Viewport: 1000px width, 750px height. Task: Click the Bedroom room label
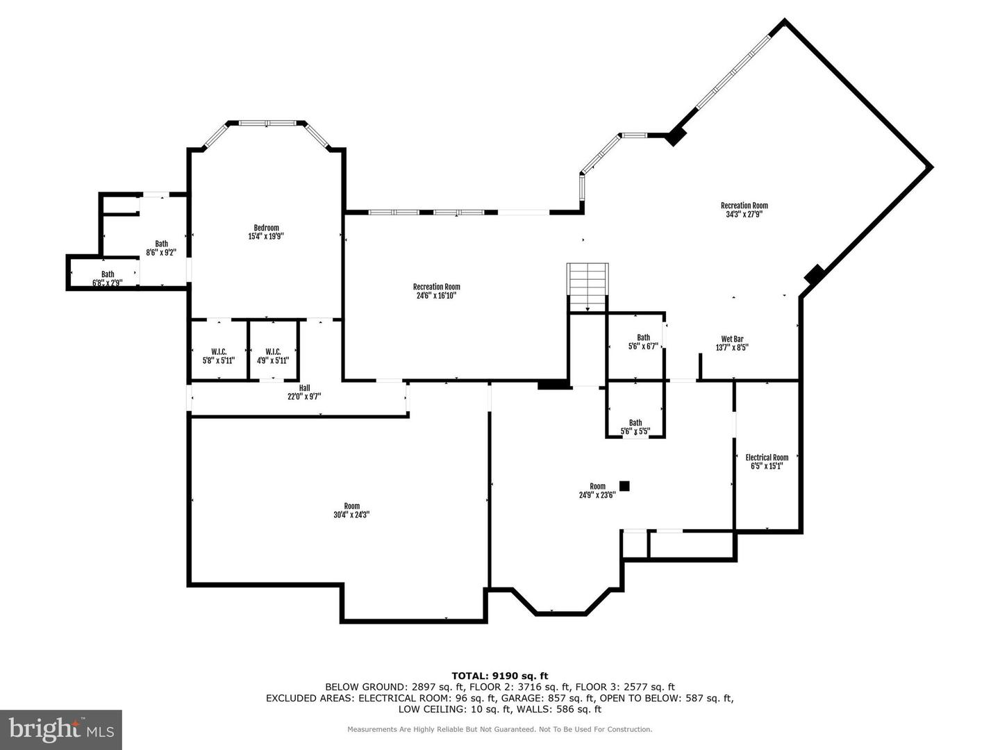tap(266, 228)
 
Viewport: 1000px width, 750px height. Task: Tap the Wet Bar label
tap(732, 339)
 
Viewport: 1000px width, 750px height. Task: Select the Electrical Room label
tap(767, 457)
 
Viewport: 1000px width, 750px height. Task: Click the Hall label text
tap(304, 388)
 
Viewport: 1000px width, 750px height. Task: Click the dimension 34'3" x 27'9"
tap(744, 215)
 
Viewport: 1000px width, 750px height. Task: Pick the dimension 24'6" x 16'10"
tap(436, 296)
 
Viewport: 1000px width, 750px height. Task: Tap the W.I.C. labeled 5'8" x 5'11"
tap(219, 356)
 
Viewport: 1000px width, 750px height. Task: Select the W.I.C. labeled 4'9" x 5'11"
tap(273, 356)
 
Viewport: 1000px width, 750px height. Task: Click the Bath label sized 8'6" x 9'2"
tap(161, 248)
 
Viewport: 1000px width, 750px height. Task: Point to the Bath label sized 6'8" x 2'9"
tap(108, 278)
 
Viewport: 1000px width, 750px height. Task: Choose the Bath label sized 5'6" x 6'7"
tap(643, 342)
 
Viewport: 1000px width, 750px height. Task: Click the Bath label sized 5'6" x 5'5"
tap(635, 426)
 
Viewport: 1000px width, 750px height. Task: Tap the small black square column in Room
tap(624, 486)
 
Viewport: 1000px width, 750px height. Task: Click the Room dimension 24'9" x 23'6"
tap(597, 495)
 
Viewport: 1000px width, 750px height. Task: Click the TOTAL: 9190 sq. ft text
tap(499, 675)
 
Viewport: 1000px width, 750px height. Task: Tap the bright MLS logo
tap(61, 729)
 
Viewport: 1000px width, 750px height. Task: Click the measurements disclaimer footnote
tap(499, 729)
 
